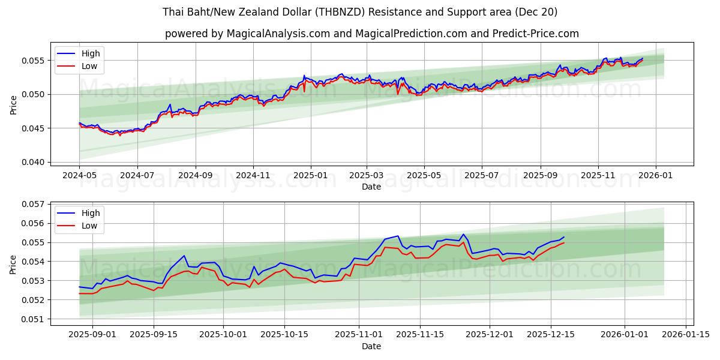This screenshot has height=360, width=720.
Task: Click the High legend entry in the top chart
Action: coord(91,54)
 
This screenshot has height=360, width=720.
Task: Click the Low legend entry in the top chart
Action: coord(89,67)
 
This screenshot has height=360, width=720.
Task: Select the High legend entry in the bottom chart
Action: coord(91,214)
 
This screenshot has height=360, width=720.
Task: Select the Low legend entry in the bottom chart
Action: coord(89,226)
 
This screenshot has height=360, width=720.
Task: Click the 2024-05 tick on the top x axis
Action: coord(79,176)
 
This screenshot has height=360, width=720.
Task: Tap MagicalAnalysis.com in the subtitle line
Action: coord(278,34)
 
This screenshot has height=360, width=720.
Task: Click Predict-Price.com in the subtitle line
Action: coord(536,34)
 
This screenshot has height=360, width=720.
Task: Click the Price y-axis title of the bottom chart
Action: coord(13,263)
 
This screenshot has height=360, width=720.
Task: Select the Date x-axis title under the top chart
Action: coord(371,187)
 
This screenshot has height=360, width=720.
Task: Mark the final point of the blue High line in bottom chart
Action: coord(563,237)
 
